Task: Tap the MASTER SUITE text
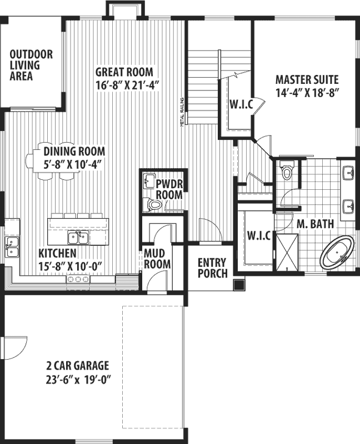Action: click(x=307, y=80)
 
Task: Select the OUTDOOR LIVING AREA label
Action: click(x=31, y=65)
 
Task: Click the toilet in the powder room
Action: click(x=153, y=205)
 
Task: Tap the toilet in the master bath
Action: click(x=287, y=171)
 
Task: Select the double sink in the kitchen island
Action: click(x=78, y=238)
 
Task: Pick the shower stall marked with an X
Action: click(x=288, y=251)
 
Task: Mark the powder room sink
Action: click(x=148, y=180)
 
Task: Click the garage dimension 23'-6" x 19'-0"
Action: click(x=77, y=382)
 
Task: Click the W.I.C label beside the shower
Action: click(x=259, y=235)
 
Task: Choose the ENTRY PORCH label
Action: click(x=212, y=268)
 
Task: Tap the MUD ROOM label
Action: click(x=157, y=259)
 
